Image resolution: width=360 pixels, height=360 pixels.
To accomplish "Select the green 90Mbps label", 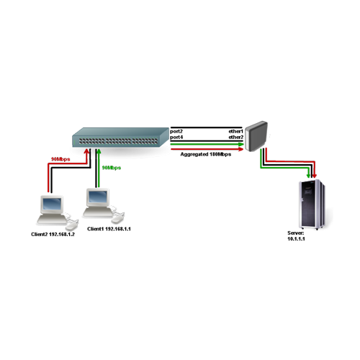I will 112,167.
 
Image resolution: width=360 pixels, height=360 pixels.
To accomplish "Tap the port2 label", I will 176,130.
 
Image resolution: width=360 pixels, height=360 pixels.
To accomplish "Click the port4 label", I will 176,138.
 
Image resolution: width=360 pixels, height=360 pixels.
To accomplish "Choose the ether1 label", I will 235,130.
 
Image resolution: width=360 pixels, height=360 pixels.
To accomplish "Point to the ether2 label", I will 235,138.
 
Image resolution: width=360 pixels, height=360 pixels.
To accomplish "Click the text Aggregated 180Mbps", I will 205,154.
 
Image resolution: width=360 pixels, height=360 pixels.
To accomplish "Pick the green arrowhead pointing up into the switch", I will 95,152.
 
